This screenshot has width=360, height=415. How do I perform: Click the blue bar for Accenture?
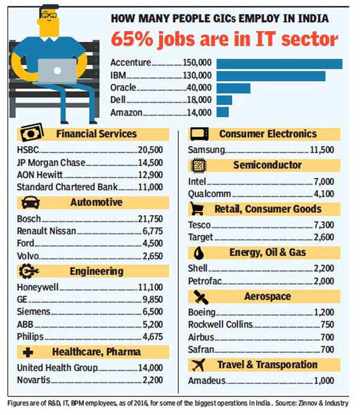[x=279, y=64]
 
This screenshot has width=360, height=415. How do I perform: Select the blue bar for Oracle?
[x=233, y=88]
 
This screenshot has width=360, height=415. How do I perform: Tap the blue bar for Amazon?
[x=223, y=112]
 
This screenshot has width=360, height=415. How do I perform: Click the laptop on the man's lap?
[x=58, y=71]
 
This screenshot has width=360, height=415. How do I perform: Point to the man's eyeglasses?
[x=50, y=14]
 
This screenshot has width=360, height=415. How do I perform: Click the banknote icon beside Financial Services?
[x=32, y=133]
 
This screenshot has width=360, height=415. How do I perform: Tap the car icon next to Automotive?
[x=31, y=202]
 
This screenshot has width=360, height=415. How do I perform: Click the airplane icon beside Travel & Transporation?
[x=197, y=365]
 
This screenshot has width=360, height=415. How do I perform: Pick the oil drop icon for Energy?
[x=198, y=252]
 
